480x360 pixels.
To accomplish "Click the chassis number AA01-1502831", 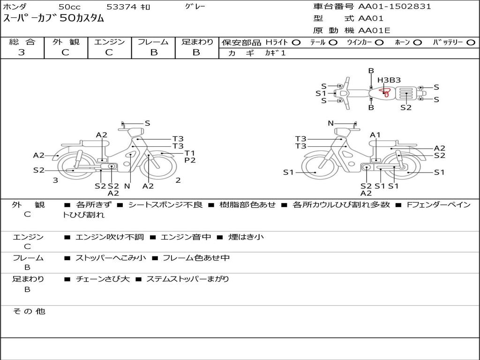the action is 395,7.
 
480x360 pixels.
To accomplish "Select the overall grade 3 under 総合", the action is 22,52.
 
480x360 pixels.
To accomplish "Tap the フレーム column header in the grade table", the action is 153,42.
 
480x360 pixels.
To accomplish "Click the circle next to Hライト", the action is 296,43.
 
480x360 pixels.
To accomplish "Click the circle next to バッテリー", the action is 471,43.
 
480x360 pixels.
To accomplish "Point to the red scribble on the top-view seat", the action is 385,92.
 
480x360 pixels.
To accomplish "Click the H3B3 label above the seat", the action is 389,80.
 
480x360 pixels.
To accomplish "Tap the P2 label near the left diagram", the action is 190,160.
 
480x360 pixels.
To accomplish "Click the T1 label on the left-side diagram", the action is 190,153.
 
